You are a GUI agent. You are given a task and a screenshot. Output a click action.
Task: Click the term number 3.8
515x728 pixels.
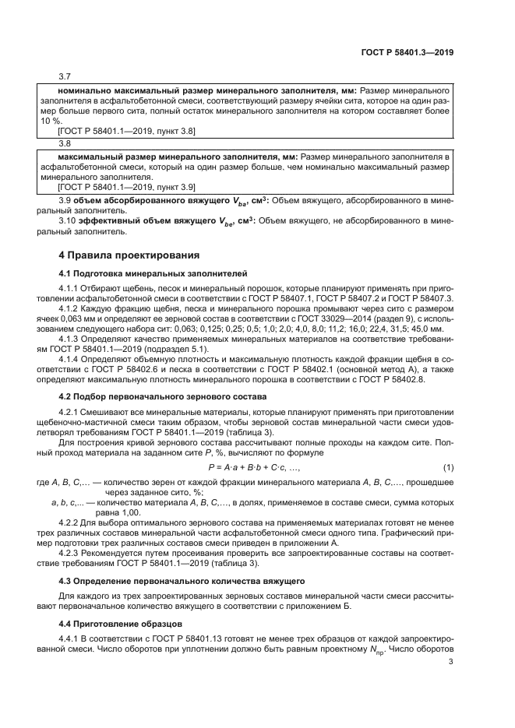pos(65,143)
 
